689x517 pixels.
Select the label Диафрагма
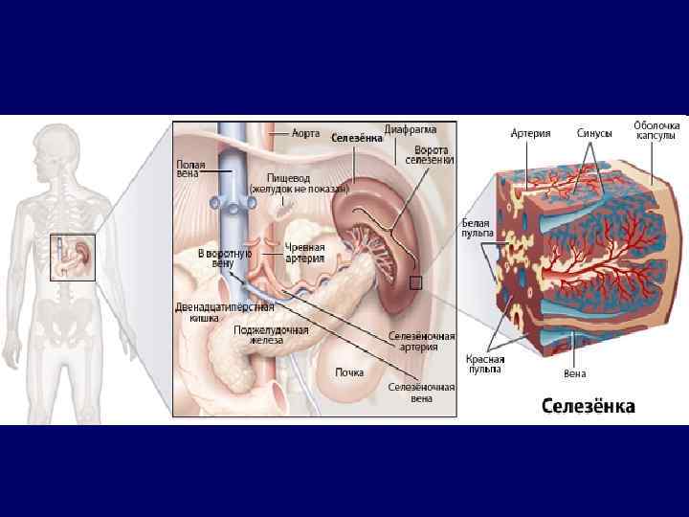click(x=411, y=129)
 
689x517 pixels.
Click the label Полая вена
click(x=189, y=169)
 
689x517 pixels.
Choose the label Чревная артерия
click(x=305, y=252)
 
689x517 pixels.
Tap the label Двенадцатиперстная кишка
click(x=223, y=311)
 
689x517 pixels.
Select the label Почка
click(x=348, y=371)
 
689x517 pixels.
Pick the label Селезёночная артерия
click(x=421, y=342)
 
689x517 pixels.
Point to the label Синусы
click(x=593, y=133)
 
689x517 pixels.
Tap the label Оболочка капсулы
click(x=656, y=130)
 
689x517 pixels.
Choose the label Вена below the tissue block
click(x=574, y=372)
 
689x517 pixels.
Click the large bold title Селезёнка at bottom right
click(x=588, y=406)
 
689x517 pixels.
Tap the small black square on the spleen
click(x=415, y=282)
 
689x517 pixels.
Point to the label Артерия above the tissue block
click(x=530, y=133)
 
